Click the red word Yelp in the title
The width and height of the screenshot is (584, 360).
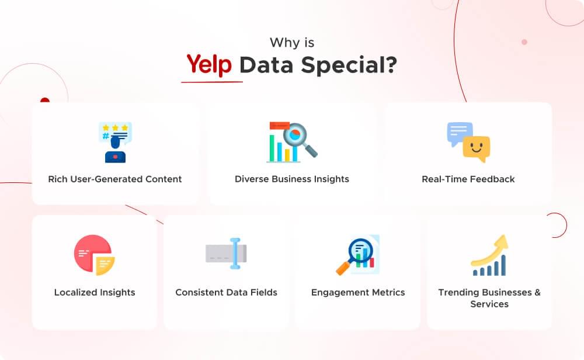(209, 64)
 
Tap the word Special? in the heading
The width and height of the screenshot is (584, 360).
(349, 64)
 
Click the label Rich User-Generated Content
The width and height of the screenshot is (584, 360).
(115, 179)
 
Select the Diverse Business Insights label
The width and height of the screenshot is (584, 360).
(292, 179)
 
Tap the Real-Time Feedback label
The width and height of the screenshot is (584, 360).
(468, 179)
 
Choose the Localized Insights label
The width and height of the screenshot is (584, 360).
(95, 292)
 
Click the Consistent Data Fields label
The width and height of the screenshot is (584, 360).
(227, 292)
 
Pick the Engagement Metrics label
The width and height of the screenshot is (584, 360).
(358, 292)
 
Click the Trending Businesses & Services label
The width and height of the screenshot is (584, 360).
(489, 298)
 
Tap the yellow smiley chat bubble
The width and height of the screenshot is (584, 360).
(477, 149)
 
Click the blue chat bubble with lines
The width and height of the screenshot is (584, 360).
(459, 133)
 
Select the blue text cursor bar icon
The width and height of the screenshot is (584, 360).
(235, 253)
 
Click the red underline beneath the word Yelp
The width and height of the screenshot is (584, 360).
(211, 81)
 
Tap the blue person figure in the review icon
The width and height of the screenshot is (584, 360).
(115, 152)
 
